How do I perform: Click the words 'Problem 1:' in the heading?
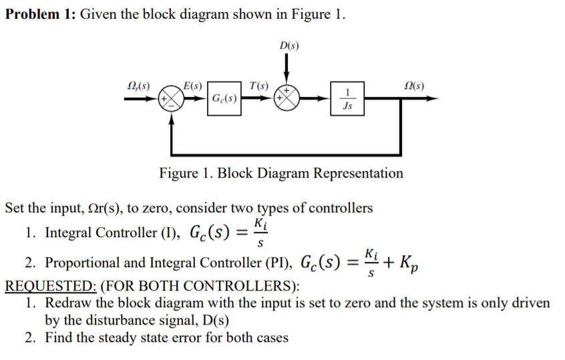39,15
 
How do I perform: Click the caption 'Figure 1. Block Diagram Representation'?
280,173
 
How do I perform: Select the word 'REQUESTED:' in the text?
51,287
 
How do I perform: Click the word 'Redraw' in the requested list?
67,303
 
